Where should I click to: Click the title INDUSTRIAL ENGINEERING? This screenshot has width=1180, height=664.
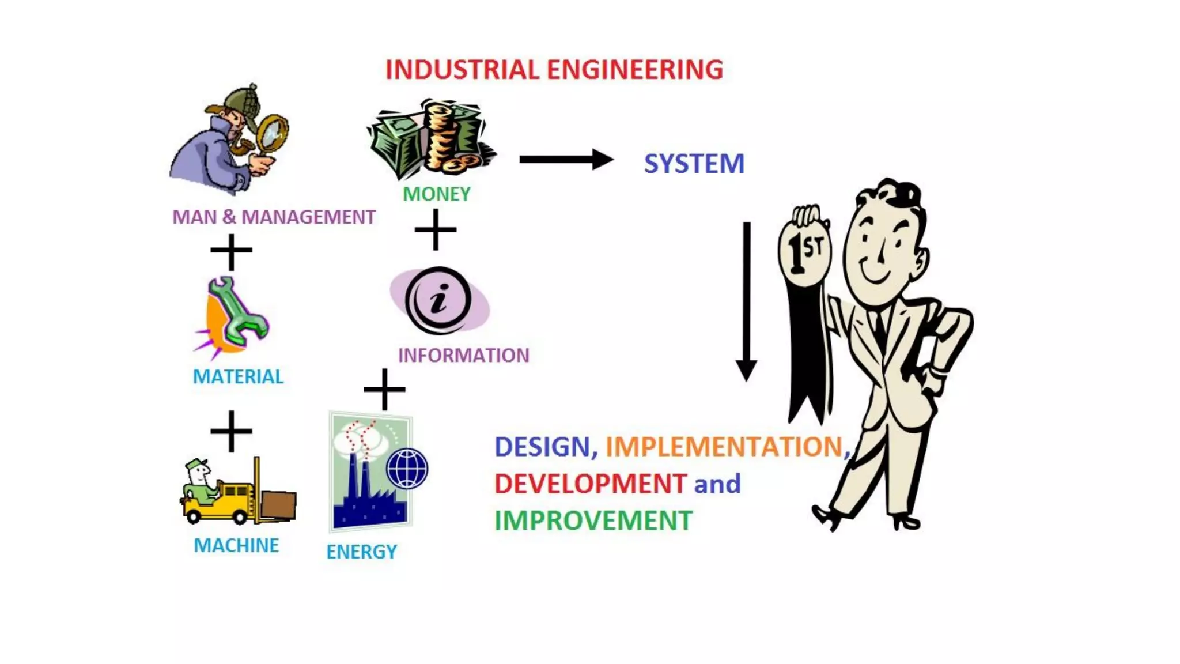(x=554, y=70)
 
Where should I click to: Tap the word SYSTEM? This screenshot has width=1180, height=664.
(x=694, y=164)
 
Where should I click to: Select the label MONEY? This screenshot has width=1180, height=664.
(x=436, y=194)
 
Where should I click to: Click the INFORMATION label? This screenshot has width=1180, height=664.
(x=463, y=355)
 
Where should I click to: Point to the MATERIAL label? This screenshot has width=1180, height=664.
(x=238, y=376)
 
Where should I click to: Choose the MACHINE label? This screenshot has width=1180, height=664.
(x=236, y=545)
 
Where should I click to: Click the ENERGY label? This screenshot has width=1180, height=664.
(x=361, y=552)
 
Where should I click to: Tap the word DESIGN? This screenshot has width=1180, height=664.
(x=542, y=447)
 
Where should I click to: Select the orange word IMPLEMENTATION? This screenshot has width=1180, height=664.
(x=724, y=447)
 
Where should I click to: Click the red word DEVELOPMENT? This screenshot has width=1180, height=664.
(x=590, y=484)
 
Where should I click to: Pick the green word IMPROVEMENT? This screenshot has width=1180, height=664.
(x=593, y=520)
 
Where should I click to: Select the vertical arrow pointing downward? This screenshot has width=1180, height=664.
(x=746, y=300)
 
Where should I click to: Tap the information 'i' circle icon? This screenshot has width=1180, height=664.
(x=438, y=300)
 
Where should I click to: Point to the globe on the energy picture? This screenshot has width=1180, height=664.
(x=407, y=469)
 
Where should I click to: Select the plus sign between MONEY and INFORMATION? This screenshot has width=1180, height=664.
(x=436, y=229)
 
